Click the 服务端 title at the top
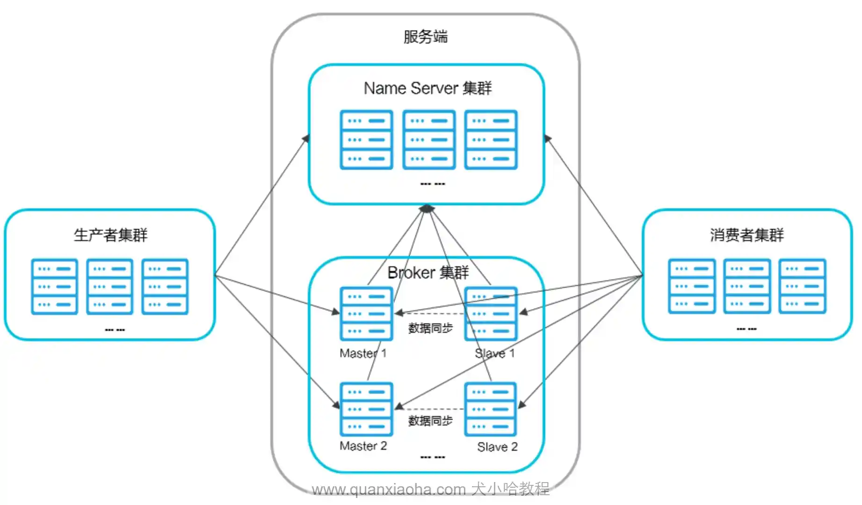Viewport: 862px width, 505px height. tap(426, 37)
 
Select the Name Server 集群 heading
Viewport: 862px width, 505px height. tap(427, 88)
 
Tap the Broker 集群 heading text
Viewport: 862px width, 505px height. tap(428, 272)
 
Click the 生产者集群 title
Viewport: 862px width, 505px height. tap(110, 234)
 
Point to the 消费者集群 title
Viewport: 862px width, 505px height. tap(746, 234)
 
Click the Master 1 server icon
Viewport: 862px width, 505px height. tap(366, 314)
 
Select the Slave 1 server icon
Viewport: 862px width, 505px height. tap(491, 314)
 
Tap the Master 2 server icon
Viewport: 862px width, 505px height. tap(366, 409)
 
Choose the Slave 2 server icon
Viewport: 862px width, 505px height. tap(491, 409)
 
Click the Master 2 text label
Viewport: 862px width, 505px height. tap(363, 446)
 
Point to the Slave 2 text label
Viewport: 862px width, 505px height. tap(497, 447)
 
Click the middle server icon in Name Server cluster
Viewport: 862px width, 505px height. tap(429, 139)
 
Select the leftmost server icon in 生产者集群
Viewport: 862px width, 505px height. tap(54, 286)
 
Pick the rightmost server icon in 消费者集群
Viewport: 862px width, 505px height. tap(802, 286)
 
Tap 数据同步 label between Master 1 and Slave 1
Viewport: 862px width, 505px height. tap(430, 328)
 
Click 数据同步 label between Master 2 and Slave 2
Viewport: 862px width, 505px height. tap(430, 421)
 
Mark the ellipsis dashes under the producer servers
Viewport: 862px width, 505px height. tap(115, 330)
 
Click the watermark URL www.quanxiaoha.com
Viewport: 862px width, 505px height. tap(389, 490)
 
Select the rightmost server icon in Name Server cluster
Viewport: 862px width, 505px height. tap(491, 139)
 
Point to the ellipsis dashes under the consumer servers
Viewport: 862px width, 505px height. tap(746, 329)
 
